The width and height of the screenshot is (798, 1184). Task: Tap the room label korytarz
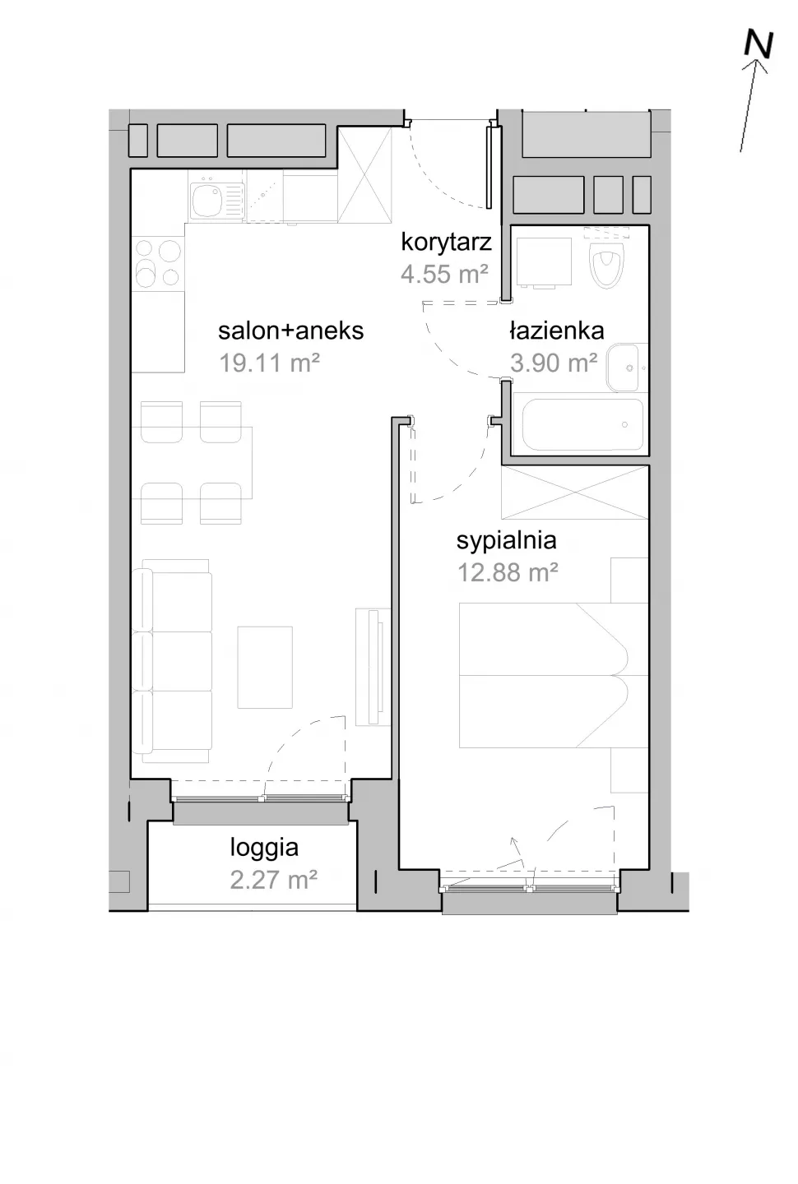pos(447,242)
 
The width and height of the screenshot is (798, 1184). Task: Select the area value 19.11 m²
pos(269,363)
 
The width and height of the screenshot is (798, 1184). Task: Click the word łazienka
pos(557,331)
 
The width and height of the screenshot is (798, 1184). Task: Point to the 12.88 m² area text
pos(508,572)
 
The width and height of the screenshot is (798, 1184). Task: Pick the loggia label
pos(264,849)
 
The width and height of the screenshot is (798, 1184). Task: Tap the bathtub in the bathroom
pos(582,424)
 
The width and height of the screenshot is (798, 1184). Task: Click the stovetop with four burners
pos(158,263)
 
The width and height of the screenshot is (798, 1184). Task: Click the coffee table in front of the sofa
pos(265,667)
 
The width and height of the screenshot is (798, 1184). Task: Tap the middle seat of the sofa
pos(172,661)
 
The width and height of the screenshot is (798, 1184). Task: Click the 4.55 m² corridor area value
pos(444,275)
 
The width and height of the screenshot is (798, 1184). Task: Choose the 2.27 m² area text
pos(273,881)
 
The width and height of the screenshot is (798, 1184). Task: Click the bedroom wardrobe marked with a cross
pos(575,492)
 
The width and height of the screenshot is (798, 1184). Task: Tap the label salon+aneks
pos(291,331)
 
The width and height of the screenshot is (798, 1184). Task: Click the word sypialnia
pos(507,542)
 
